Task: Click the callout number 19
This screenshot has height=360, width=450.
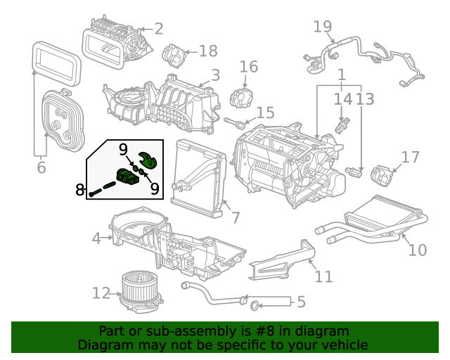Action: [323, 27]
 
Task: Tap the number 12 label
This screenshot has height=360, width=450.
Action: [101, 292]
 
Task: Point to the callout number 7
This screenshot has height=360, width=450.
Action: [235, 217]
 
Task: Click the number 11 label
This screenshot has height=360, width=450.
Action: [323, 276]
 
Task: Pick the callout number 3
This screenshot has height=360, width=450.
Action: [215, 75]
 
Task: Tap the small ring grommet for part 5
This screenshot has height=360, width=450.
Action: [255, 306]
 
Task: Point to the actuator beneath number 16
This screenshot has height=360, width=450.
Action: [243, 97]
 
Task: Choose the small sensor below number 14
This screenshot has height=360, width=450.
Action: [343, 127]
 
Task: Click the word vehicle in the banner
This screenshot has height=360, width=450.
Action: [344, 345]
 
